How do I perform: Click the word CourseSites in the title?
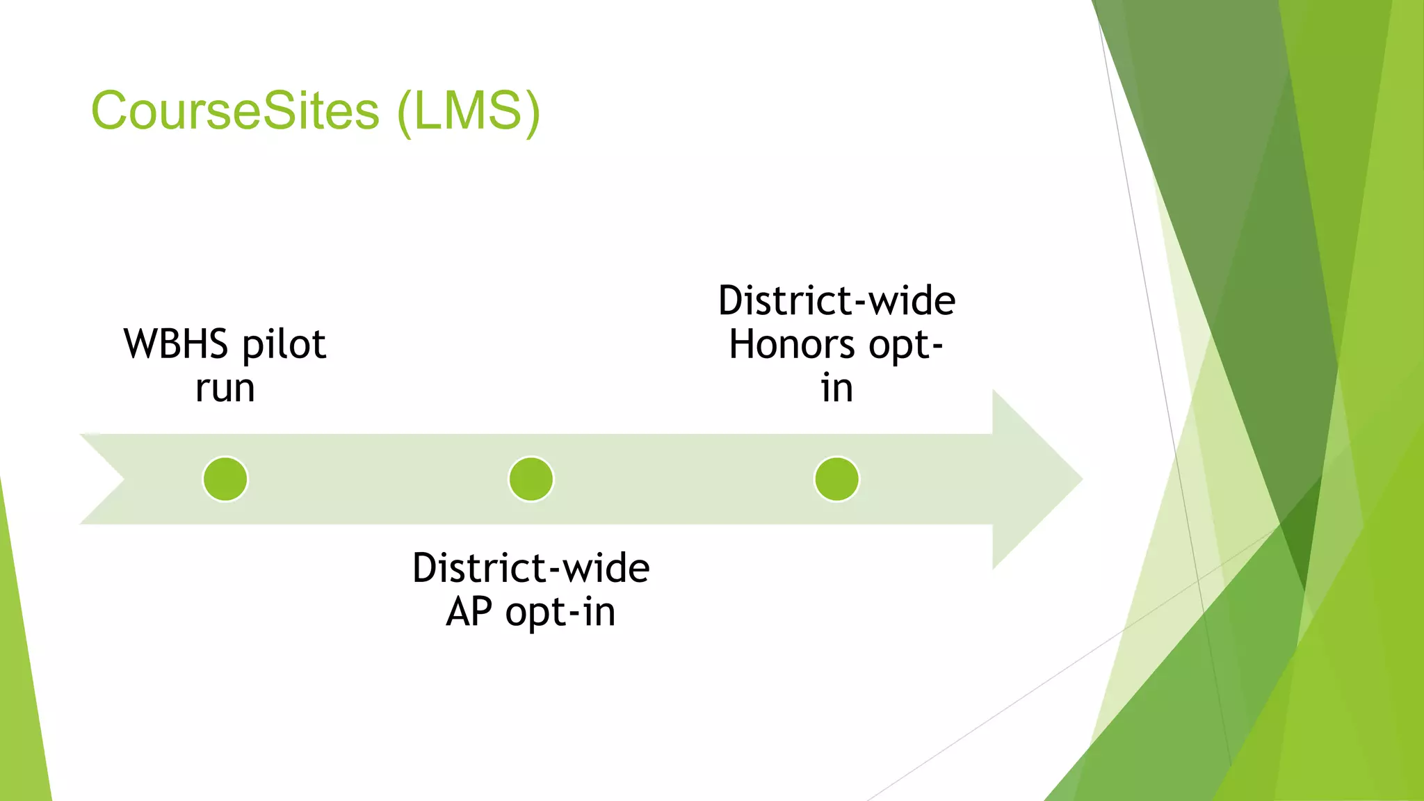[235, 111]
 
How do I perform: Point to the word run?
[225, 387]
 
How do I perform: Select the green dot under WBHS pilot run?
[225, 479]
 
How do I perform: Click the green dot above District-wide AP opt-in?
[531, 479]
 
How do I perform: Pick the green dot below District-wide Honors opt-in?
[836, 479]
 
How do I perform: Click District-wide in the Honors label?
[836, 300]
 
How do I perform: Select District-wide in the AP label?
[531, 568]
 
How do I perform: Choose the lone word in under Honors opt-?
[836, 387]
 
